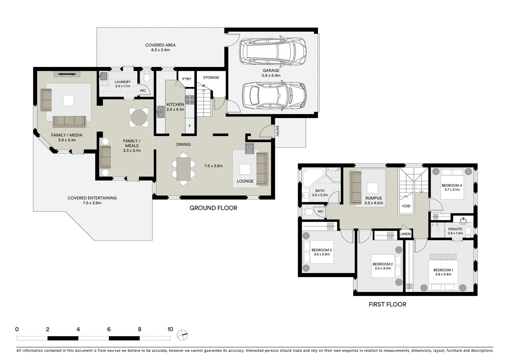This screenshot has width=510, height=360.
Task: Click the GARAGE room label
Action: tap(271, 71)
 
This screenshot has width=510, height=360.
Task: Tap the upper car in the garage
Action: tap(273, 51)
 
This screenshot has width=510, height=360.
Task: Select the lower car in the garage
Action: tap(275, 96)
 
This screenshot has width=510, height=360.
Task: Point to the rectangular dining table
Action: tap(183, 169)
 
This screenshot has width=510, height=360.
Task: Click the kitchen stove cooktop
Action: tap(190, 100)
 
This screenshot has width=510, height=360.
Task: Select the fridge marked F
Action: tap(190, 126)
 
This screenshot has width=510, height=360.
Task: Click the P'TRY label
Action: tap(187, 79)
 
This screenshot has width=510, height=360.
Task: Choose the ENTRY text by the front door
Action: tap(277, 131)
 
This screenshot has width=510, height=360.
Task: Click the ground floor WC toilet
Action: tap(146, 78)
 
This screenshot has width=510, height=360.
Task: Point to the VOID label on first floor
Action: tap(406, 206)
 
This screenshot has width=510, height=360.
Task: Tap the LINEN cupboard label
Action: tap(405, 234)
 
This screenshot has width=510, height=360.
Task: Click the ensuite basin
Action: tap(463, 220)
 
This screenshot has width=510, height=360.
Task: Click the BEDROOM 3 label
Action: tap(322, 250)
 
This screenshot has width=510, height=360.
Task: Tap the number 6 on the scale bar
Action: tap(109, 329)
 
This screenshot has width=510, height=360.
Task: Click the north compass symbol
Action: tap(182, 334)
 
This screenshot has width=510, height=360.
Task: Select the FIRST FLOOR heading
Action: tap(387, 304)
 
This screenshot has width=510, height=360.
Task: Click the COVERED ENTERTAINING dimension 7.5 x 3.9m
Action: tap(92, 203)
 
